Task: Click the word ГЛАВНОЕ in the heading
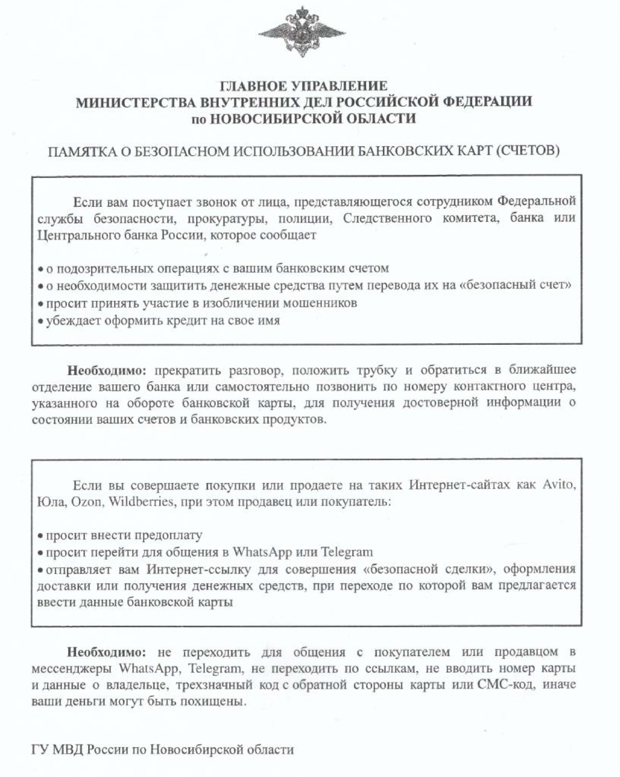(252, 86)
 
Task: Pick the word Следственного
(387, 218)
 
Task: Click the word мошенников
(320, 303)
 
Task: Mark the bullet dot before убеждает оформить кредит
(41, 321)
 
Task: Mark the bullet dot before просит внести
(41, 536)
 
